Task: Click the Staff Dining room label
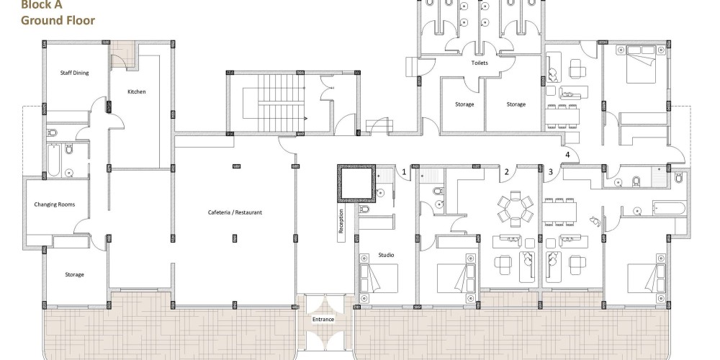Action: (74, 73)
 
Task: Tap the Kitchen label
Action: (136, 92)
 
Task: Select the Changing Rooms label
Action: (54, 204)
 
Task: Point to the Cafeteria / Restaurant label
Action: (235, 212)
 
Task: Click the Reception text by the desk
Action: (341, 221)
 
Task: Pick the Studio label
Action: (386, 255)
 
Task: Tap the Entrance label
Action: (323, 320)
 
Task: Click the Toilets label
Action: (480, 63)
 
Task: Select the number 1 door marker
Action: (404, 172)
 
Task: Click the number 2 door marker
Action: (506, 172)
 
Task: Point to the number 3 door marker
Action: (551, 172)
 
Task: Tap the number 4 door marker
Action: (567, 155)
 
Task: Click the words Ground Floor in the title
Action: (58, 20)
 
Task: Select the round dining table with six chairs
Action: (515, 209)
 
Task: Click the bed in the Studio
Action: (378, 278)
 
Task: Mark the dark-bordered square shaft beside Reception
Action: (356, 184)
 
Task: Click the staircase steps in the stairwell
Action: (281, 103)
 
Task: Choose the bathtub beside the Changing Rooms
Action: (54, 159)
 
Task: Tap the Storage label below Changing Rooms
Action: (74, 274)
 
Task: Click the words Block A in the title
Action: (41, 5)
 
